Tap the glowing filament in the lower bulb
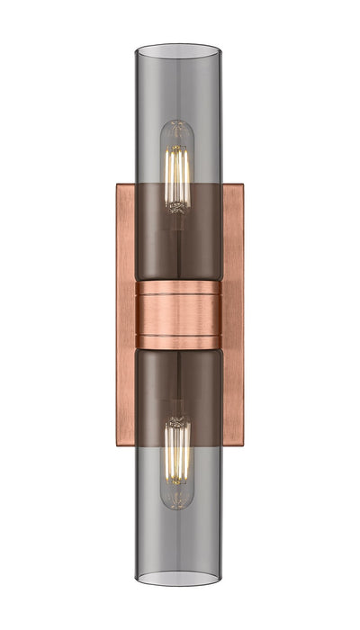tap(179, 454)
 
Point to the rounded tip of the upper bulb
tap(179, 123)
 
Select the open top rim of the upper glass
tap(179, 48)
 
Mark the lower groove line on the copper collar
tap(179, 337)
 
